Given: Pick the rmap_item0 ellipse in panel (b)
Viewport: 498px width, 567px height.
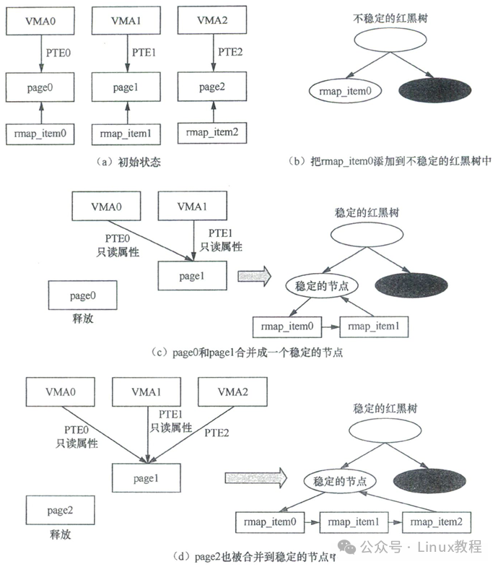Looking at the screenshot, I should [x=338, y=90].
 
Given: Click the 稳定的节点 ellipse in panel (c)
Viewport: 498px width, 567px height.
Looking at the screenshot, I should [x=322, y=285].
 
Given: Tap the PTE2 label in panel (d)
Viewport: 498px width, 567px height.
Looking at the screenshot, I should [x=219, y=432].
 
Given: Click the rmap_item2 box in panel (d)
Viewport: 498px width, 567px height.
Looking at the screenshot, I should [x=434, y=520].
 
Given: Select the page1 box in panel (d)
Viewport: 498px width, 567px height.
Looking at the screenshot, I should [x=144, y=478].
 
